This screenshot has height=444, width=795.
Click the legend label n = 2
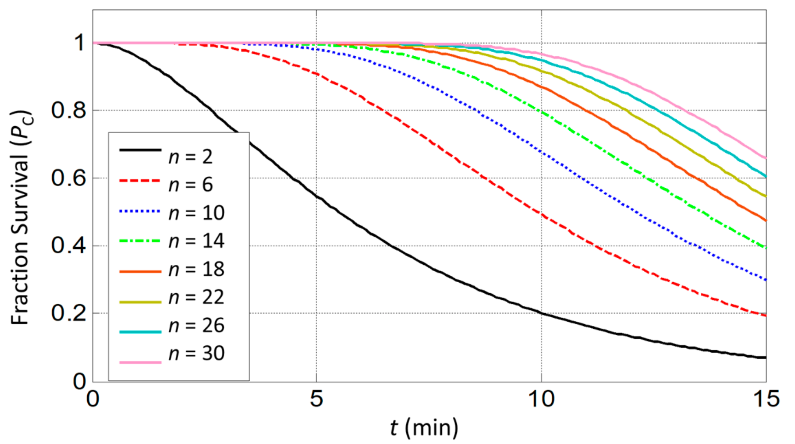click(x=190, y=157)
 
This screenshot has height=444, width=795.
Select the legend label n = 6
click(x=190, y=185)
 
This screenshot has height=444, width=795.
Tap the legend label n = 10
click(x=196, y=213)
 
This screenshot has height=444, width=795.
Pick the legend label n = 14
click(x=196, y=241)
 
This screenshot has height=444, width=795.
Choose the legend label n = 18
click(x=196, y=269)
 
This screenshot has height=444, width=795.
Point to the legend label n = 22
click(x=196, y=297)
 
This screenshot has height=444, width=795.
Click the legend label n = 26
click(x=196, y=325)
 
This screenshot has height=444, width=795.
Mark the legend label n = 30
click(x=196, y=353)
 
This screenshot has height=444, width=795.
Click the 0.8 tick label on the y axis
click(x=69, y=110)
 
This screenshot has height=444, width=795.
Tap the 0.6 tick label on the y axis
click(x=69, y=178)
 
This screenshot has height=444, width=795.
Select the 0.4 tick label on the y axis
click(x=69, y=245)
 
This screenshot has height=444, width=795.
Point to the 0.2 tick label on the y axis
click(x=69, y=313)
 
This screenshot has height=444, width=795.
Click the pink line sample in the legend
click(x=140, y=362)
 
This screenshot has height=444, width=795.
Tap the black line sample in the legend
click(x=140, y=150)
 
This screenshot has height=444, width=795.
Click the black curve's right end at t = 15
click(x=765, y=357)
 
